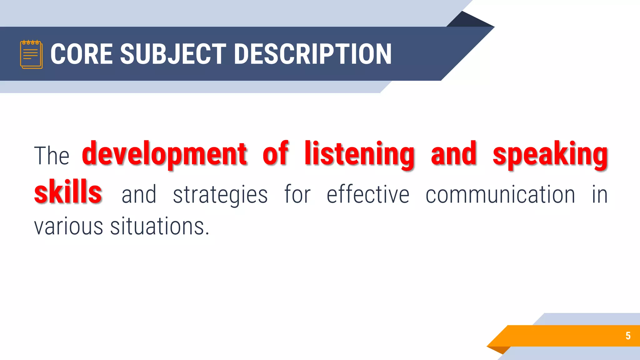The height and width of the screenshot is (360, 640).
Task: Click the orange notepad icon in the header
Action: (31, 54)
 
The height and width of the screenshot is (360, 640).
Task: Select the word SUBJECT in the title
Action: (173, 54)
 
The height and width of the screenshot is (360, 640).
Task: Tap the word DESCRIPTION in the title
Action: (312, 54)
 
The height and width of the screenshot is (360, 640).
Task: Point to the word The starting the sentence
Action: (52, 156)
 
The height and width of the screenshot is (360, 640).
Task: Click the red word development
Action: (165, 154)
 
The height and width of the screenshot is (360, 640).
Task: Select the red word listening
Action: (360, 154)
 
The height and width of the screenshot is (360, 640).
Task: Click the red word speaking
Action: (550, 154)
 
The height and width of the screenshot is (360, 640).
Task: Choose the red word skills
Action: (68, 192)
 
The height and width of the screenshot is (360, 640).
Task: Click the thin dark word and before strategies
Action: (139, 194)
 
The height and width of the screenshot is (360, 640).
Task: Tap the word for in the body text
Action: (297, 194)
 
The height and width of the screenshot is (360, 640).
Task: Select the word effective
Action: (368, 194)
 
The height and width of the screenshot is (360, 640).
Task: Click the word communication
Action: (500, 194)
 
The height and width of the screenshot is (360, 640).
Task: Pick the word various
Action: (68, 226)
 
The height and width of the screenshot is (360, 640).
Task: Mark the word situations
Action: (159, 226)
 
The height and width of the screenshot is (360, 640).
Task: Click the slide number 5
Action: (628, 336)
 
